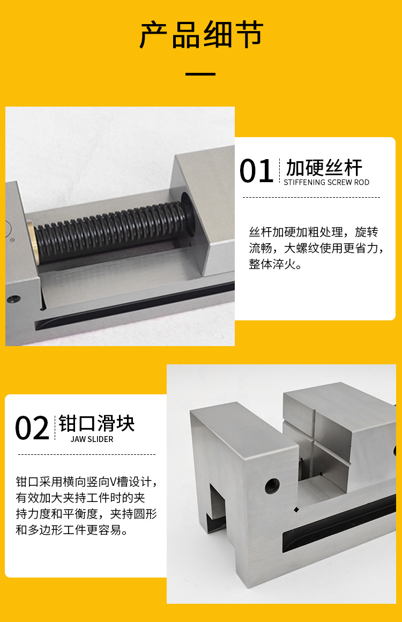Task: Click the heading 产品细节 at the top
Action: click(201, 35)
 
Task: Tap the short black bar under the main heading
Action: click(200, 73)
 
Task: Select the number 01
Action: click(256, 171)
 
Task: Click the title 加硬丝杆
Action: click(324, 167)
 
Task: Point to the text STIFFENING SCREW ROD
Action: click(326, 182)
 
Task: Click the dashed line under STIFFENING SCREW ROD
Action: click(311, 197)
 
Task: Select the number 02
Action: click(32, 429)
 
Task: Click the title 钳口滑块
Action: click(96, 424)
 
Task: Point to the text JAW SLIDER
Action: click(92, 439)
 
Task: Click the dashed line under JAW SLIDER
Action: click(87, 454)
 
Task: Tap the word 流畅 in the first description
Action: click(260, 249)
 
